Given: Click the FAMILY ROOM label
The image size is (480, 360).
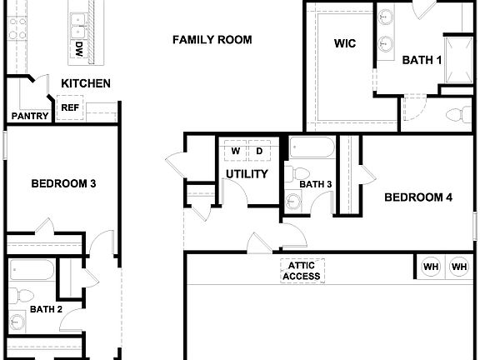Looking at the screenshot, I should point(212,40).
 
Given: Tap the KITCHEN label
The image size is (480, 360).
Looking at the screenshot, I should point(86,83).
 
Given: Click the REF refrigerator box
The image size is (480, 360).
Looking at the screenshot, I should point(69,107).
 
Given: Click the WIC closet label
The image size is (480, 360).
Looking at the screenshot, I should point(345,44).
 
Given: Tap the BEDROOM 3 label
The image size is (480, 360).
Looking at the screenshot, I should point(62,183).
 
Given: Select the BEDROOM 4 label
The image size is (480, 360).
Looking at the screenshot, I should point(417,197).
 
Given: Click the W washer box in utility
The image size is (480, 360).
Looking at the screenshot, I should point(236,151).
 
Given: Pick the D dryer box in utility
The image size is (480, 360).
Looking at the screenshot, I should point(259,151).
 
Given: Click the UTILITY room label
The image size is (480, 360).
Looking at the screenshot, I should point(247,174).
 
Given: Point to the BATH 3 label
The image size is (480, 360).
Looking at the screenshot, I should point(316,184).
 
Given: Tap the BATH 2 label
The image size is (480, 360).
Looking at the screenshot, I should point(46,309).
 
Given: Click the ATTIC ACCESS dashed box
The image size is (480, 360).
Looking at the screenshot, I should point(302,271).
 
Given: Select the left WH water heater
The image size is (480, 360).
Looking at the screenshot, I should point(431,267).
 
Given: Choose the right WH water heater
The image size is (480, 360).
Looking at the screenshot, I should point(459,267).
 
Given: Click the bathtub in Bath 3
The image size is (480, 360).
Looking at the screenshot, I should point(312,150).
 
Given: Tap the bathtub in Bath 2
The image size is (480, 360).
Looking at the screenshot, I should point(32,270).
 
